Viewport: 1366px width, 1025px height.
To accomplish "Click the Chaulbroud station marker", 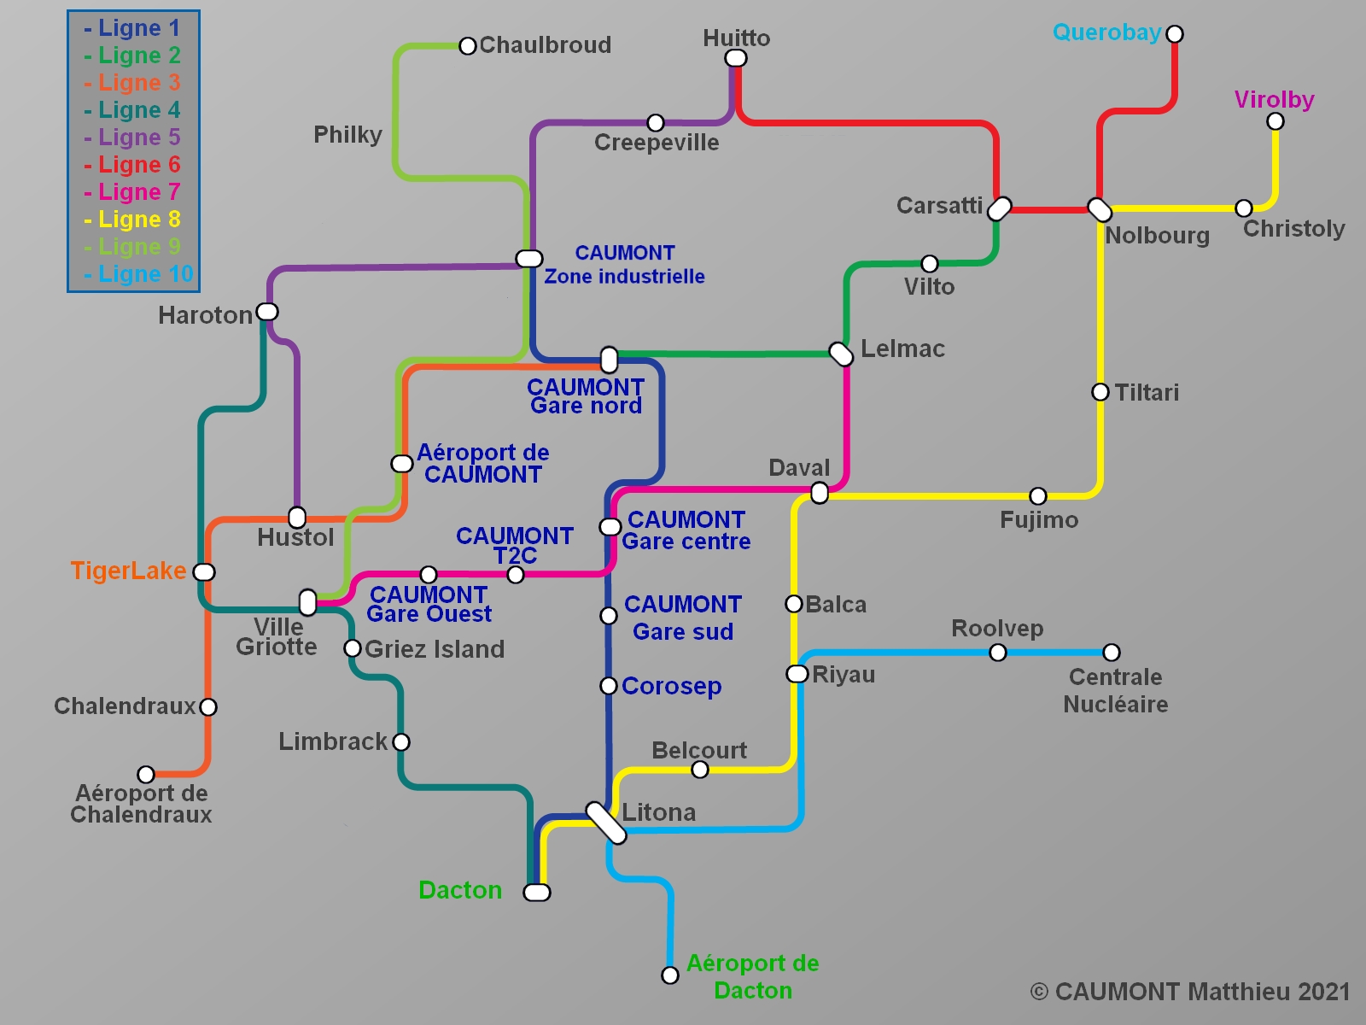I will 467,46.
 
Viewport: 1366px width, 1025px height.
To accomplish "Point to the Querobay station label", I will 1106,32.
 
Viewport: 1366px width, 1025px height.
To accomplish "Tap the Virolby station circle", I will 1275,121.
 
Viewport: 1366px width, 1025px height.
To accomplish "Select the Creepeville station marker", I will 656,123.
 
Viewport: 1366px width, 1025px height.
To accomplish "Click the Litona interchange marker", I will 606,823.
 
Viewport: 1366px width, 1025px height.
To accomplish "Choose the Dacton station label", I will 460,890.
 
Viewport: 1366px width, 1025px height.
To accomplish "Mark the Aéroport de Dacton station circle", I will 670,975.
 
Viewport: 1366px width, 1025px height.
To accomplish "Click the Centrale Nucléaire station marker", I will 1111,653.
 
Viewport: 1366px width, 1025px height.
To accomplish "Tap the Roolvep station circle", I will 997,653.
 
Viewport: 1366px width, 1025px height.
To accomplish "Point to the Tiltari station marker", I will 1100,392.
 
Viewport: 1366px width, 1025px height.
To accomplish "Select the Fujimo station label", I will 1039,520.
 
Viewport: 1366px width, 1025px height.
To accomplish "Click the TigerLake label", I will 128,571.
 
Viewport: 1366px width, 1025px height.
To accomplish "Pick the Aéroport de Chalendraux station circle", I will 146,775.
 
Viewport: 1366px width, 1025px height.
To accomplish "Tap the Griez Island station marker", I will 352,648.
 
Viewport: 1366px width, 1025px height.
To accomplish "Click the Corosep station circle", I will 609,685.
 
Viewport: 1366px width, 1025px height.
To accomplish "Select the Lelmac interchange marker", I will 841,354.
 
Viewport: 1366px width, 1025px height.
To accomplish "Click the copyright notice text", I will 1190,992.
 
